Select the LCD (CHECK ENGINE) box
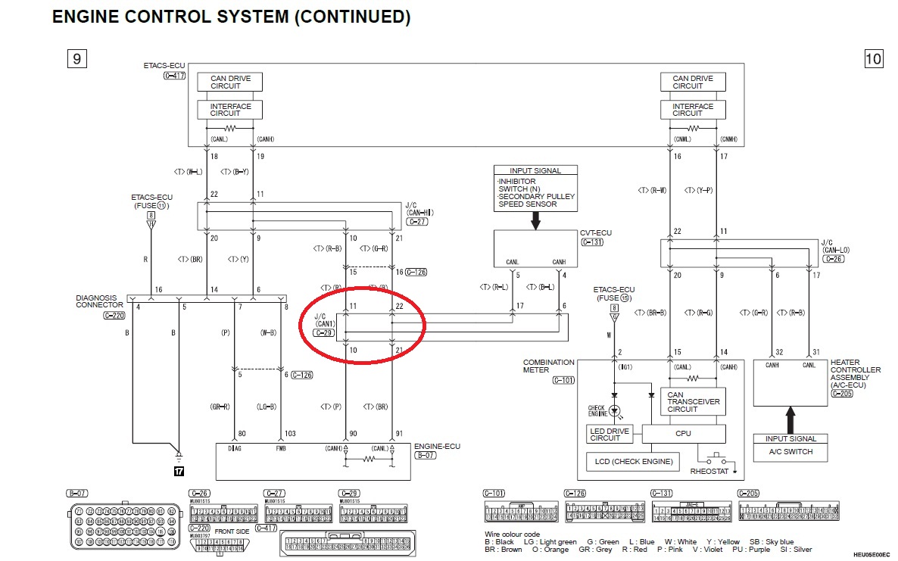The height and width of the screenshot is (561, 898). pyautogui.click(x=634, y=461)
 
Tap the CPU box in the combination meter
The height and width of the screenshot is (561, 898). pyautogui.click(x=683, y=434)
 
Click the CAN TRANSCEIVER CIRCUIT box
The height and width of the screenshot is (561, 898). pyautogui.click(x=693, y=401)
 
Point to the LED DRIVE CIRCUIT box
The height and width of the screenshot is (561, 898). pyautogui.click(x=610, y=434)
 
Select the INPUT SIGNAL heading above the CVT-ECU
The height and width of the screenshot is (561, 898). pyautogui.click(x=536, y=170)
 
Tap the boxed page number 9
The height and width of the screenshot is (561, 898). pyautogui.click(x=76, y=58)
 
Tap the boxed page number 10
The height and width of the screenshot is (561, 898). pyautogui.click(x=873, y=58)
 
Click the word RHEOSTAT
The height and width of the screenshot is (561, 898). pyautogui.click(x=709, y=472)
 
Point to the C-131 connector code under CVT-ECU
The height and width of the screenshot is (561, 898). pyautogui.click(x=594, y=242)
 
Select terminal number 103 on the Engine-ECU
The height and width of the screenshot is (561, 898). pyautogui.click(x=289, y=435)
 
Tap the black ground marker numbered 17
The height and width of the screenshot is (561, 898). pyautogui.click(x=179, y=471)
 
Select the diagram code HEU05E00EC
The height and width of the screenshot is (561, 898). pyautogui.click(x=871, y=554)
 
